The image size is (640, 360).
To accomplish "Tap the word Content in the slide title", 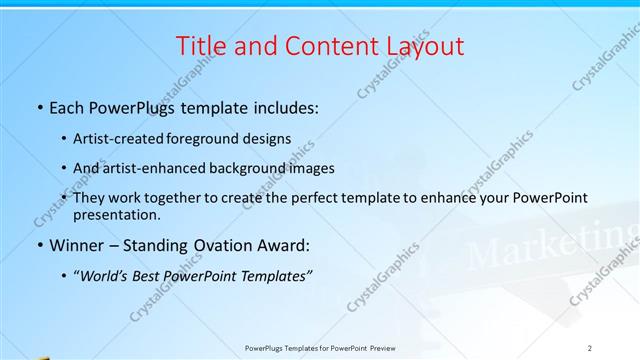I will click(319, 45).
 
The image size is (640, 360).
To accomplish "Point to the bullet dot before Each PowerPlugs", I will click(39, 105).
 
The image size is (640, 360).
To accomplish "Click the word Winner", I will click(79, 244).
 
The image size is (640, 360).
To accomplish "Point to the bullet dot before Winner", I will click(39, 245).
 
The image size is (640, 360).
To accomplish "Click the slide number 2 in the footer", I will click(590, 348).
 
